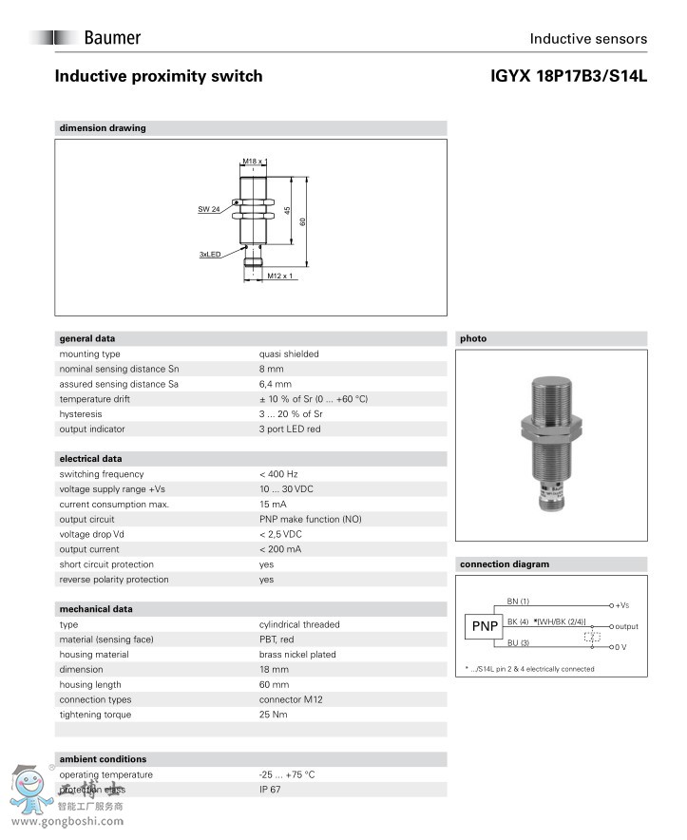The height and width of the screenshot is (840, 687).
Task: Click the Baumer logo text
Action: pyautogui.click(x=111, y=38)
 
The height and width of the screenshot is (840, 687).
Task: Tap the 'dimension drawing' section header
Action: pyautogui.click(x=103, y=128)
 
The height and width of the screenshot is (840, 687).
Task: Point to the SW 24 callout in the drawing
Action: pyautogui.click(x=209, y=209)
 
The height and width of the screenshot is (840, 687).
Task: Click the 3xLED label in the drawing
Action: pyautogui.click(x=210, y=255)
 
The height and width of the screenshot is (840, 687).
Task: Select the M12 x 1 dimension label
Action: pyautogui.click(x=279, y=276)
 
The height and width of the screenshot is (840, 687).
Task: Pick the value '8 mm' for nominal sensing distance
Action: pyautogui.click(x=271, y=369)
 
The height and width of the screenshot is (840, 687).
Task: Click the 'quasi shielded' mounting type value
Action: pyautogui.click(x=289, y=353)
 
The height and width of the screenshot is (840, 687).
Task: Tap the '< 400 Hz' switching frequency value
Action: pyautogui.click(x=278, y=474)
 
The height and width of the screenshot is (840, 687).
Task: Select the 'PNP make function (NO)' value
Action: pyautogui.click(x=310, y=520)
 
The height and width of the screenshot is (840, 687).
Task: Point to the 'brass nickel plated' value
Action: pyautogui.click(x=297, y=655)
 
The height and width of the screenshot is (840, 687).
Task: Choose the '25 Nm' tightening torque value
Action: pyautogui.click(x=275, y=715)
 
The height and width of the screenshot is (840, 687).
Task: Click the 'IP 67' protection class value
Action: pyautogui.click(x=270, y=790)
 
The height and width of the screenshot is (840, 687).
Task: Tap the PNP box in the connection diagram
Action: pyautogui.click(x=485, y=626)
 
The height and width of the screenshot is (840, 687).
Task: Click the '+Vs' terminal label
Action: pyautogui.click(x=622, y=605)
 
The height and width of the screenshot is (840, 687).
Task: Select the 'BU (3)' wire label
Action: pyautogui.click(x=518, y=643)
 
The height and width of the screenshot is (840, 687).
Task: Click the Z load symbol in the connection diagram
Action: pyautogui.click(x=592, y=636)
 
